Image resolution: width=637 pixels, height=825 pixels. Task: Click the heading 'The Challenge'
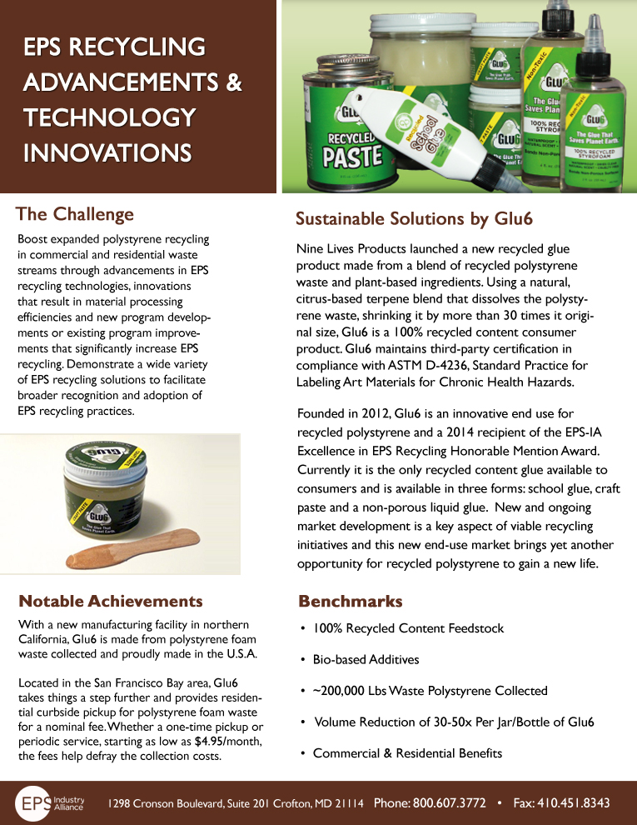[75, 214]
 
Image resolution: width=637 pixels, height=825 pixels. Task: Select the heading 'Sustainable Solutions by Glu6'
[414, 218]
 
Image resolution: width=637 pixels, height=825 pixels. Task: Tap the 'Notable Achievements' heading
[110, 601]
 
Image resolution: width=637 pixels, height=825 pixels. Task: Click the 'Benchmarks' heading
[350, 601]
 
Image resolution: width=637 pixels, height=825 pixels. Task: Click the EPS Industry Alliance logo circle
[36, 803]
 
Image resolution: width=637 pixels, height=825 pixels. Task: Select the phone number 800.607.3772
[450, 803]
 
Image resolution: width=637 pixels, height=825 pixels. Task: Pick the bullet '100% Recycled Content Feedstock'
[408, 627]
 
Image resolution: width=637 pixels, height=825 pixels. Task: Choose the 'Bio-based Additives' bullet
[366, 659]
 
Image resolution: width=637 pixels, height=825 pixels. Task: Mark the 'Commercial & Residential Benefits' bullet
[407, 753]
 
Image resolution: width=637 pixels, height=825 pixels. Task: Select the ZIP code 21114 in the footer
[348, 804]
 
